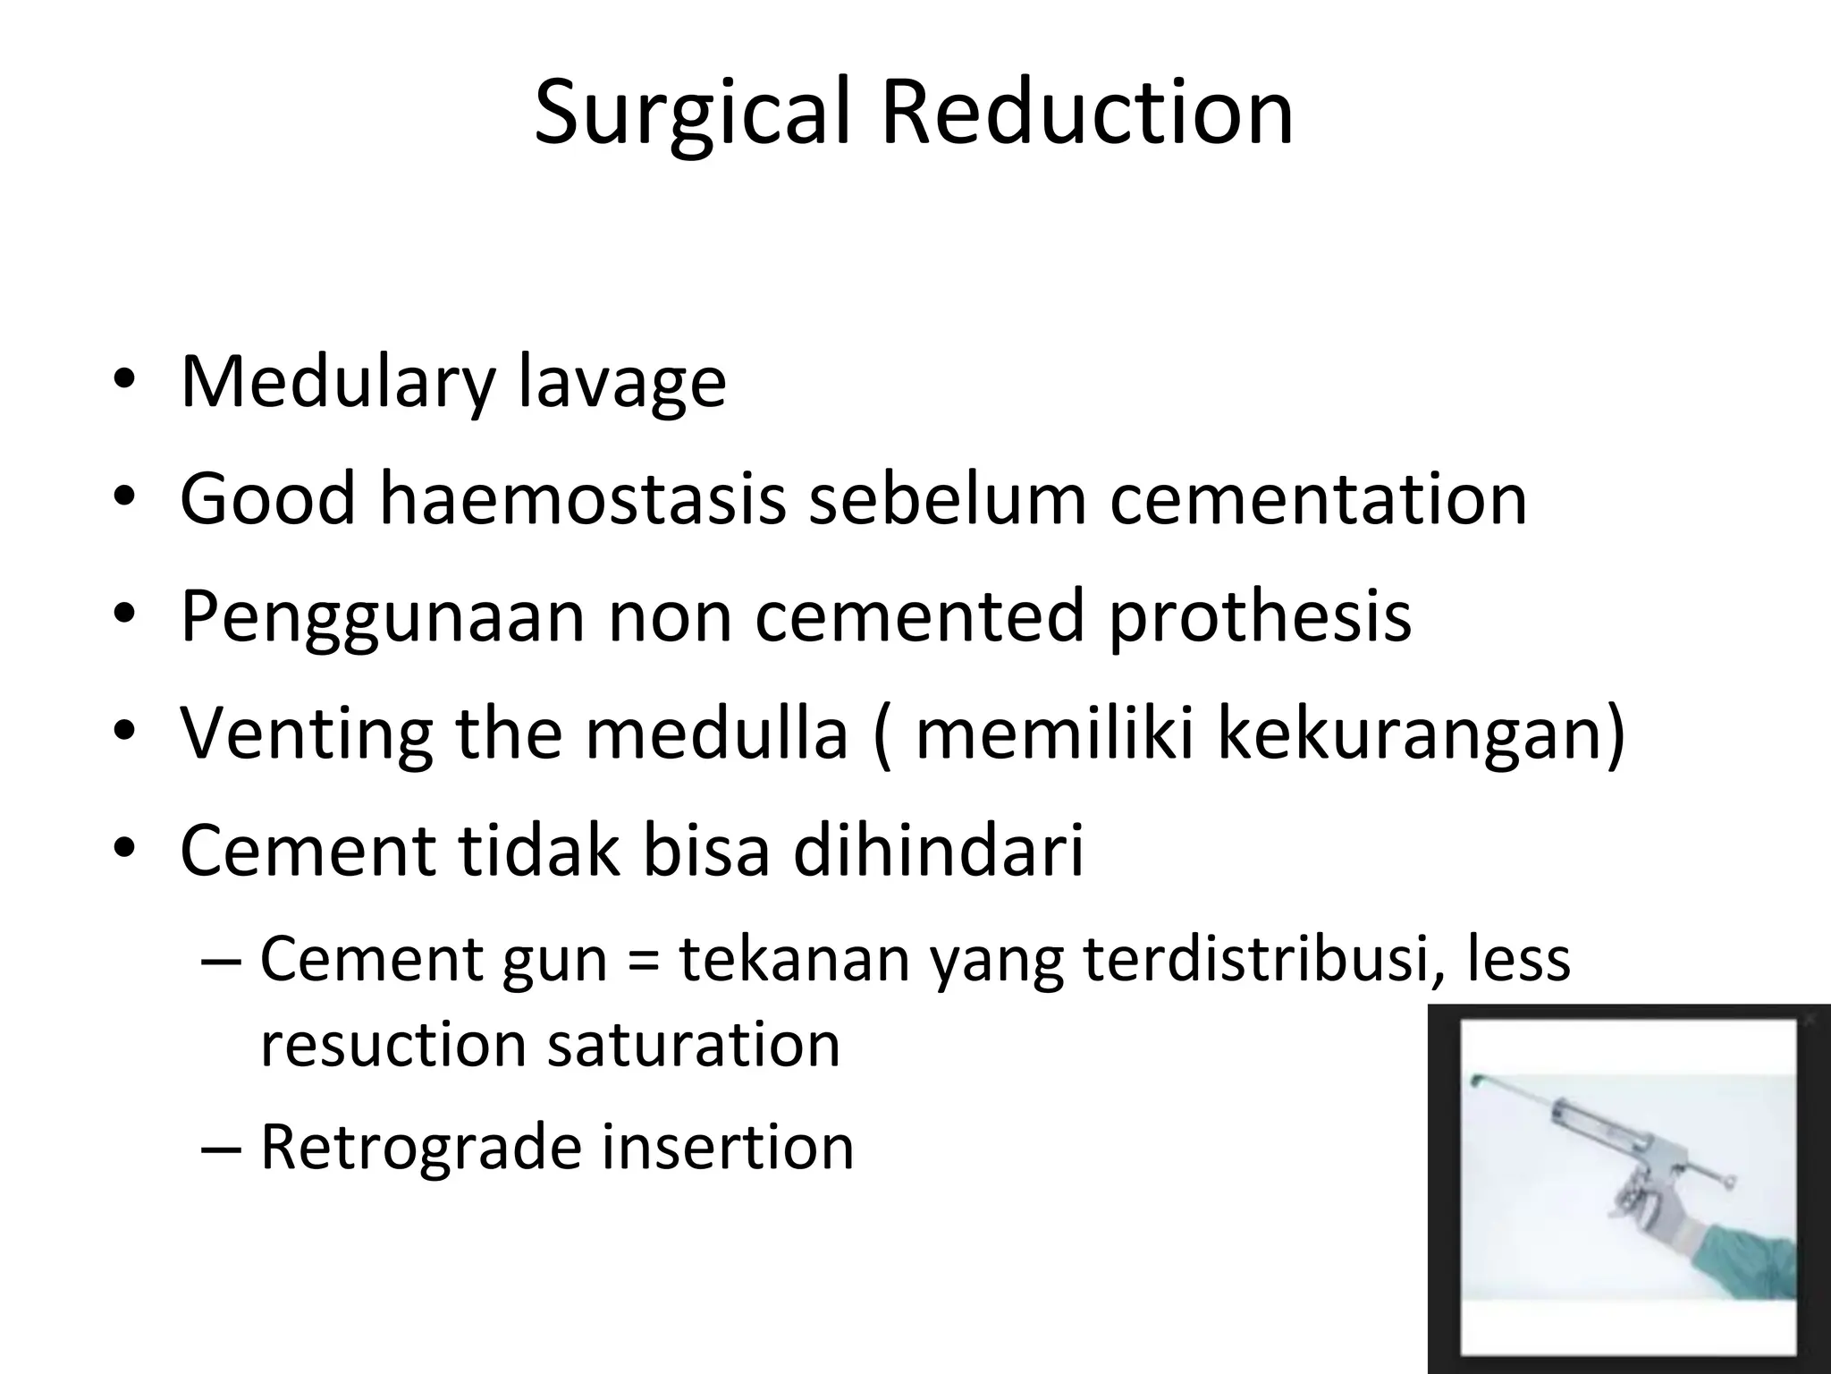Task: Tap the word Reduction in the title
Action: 1087,113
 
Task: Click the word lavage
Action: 622,383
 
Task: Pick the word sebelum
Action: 948,499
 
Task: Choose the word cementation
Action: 1319,499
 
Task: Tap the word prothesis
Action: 1260,616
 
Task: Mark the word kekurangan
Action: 1422,733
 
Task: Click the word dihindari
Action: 938,850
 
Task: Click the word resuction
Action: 392,1044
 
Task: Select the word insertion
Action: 727,1147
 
